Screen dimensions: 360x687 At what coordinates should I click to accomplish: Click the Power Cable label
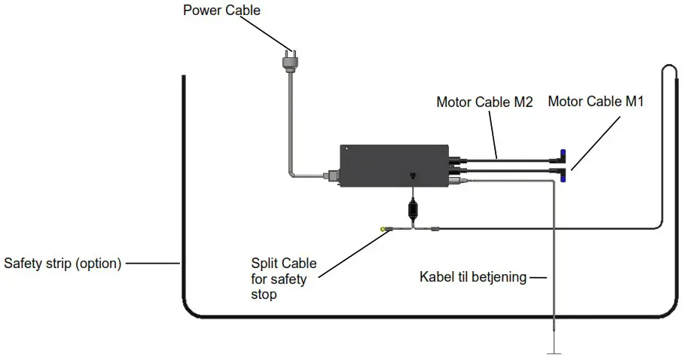222,11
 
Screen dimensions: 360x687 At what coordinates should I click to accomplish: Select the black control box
395,165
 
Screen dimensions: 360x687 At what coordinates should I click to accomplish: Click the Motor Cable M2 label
484,102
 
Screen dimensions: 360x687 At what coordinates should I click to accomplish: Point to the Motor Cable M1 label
595,102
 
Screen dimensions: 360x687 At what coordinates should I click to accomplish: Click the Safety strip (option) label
63,264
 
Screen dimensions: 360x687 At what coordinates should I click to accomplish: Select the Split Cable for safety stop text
283,279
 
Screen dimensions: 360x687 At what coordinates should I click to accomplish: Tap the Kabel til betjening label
473,277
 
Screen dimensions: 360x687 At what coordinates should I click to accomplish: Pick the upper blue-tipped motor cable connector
561,154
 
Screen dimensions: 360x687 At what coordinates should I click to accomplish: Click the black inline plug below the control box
412,207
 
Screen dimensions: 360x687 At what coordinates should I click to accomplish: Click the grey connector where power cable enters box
330,177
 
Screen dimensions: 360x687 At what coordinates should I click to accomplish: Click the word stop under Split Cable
264,294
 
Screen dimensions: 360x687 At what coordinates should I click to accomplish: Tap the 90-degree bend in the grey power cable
291,175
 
